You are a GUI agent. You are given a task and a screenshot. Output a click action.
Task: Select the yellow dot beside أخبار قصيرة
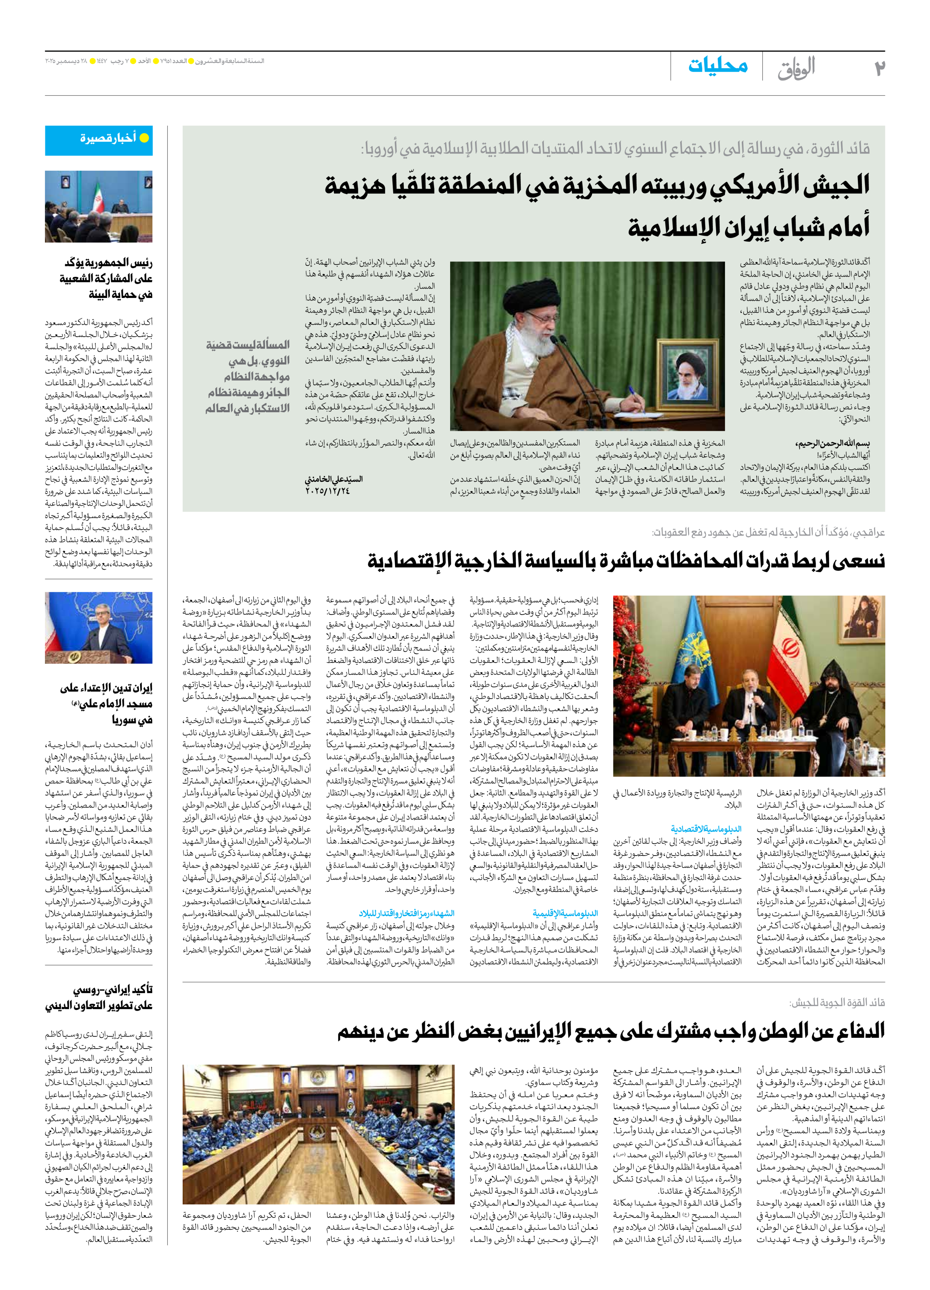click(144, 138)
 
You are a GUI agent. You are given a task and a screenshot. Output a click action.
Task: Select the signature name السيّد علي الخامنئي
click(334, 479)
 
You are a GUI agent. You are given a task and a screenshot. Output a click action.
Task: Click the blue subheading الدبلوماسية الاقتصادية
click(706, 829)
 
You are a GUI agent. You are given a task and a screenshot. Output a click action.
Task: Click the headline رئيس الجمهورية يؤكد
click(108, 263)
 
